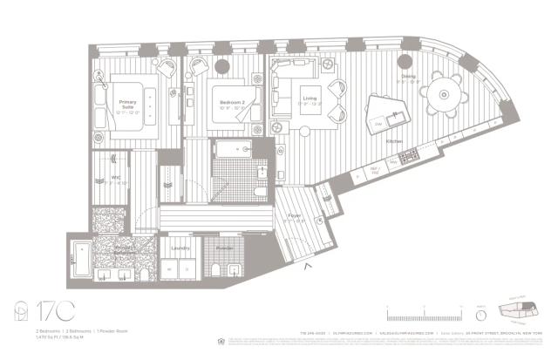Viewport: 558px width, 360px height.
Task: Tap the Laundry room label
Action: (x=180, y=248)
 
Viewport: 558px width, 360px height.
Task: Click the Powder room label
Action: (x=224, y=248)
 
